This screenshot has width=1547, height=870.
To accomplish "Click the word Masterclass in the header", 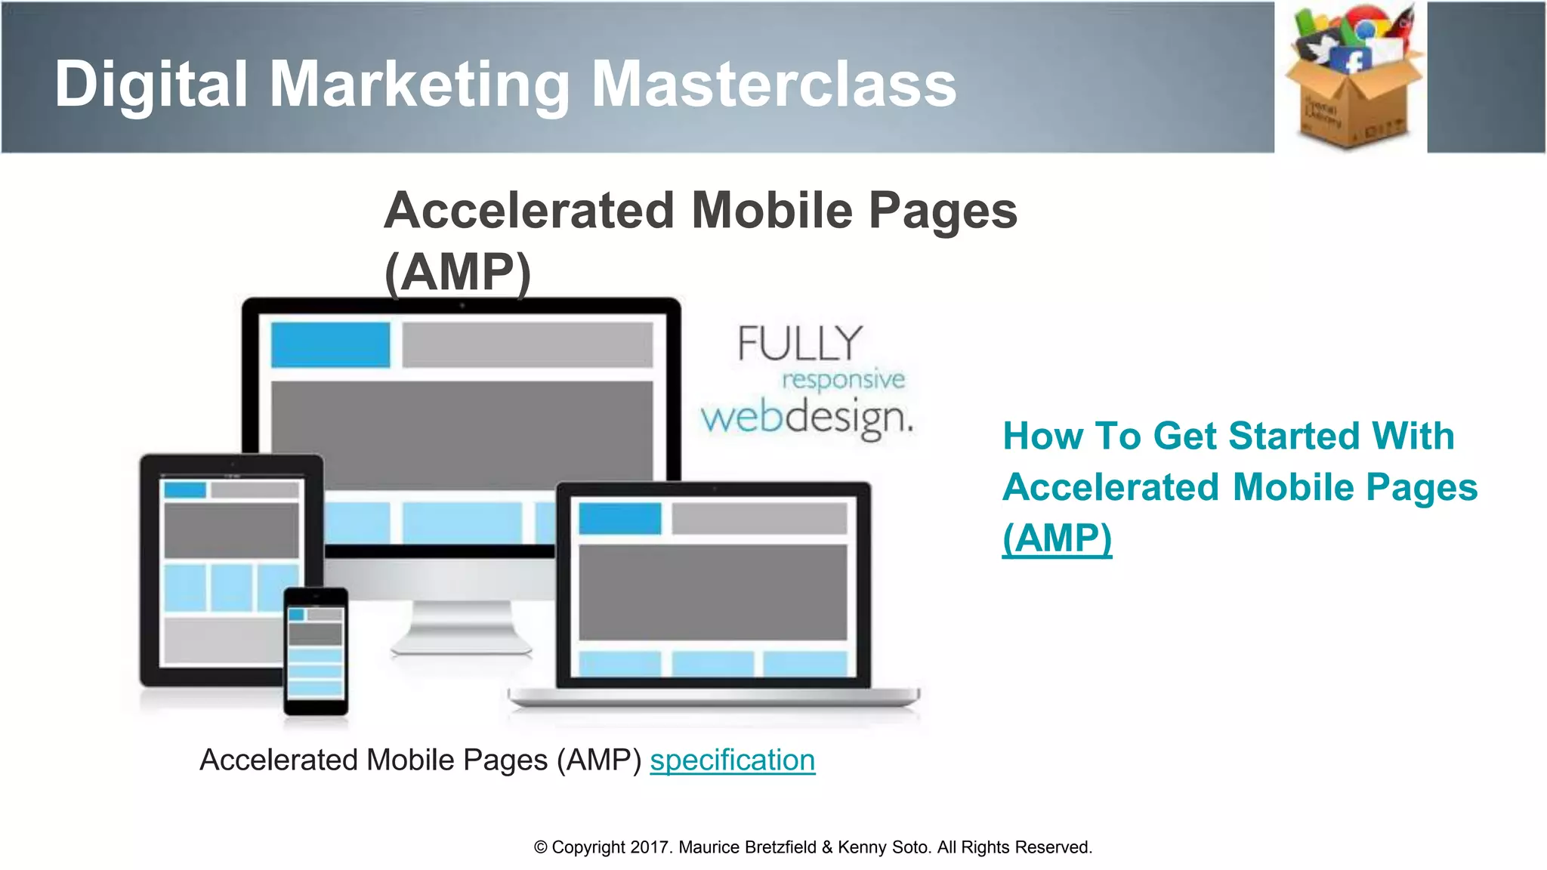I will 773,84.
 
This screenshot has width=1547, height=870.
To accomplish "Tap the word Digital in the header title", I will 151,84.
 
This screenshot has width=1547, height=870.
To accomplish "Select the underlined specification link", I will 732,760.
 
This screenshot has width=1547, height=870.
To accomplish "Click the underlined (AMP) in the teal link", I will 1057,538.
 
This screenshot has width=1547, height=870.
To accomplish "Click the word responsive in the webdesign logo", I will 843,379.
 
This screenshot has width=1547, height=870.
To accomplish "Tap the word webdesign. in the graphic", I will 807,418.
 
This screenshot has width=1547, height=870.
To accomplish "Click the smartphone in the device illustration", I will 316,651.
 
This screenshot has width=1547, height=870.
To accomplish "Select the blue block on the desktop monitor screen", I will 330,345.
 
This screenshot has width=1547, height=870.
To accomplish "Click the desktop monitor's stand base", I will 461,643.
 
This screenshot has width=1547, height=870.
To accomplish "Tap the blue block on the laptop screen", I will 619,519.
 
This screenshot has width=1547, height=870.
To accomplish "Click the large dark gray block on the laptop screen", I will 712,591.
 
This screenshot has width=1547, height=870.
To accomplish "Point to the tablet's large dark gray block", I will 231,530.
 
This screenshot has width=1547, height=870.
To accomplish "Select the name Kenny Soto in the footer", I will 883,847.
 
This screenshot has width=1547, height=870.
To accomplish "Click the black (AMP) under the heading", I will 458,272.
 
